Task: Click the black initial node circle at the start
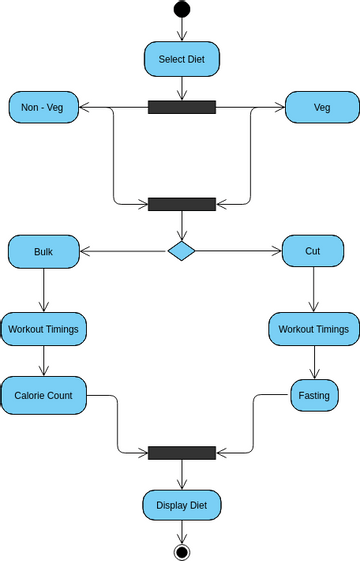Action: click(181, 9)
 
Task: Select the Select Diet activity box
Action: click(181, 59)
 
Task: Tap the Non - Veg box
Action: click(43, 107)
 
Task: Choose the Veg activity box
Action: click(322, 107)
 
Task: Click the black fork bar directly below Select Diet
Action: click(181, 107)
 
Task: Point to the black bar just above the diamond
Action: click(181, 204)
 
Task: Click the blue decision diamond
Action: click(181, 250)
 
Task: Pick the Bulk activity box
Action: click(43, 251)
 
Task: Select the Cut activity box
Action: click(313, 251)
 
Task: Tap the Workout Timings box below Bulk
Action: click(43, 328)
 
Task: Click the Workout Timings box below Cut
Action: click(313, 329)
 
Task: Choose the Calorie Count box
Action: click(43, 395)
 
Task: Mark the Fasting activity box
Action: click(313, 395)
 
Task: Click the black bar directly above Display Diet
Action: click(181, 453)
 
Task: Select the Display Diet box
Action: click(181, 504)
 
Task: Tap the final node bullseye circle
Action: click(181, 551)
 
